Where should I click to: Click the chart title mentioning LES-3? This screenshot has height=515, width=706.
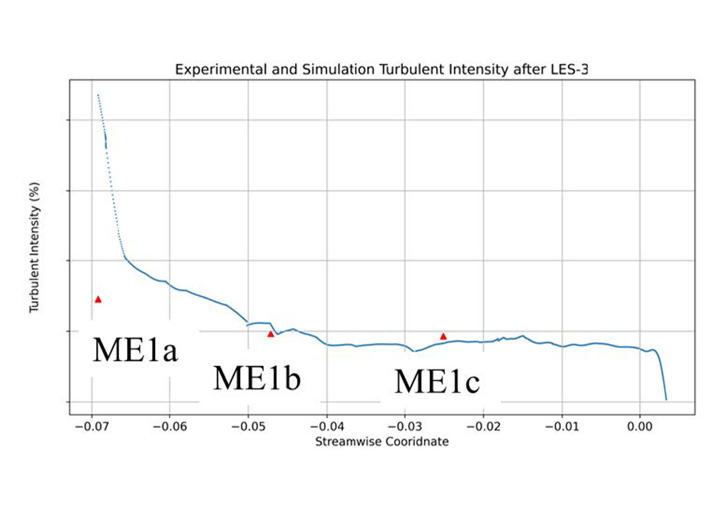coord(381,70)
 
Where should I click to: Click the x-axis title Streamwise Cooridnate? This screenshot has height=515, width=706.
coord(382,442)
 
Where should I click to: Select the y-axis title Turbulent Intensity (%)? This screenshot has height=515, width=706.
coord(35,247)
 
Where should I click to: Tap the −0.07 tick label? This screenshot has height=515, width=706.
coord(91,427)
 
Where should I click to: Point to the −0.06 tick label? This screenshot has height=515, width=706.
coord(170,427)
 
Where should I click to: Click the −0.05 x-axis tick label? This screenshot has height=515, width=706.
coord(248,427)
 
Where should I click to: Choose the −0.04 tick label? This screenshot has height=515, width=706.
coord(327,427)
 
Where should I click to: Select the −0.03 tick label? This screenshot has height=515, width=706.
coord(405,427)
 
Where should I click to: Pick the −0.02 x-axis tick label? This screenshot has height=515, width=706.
coord(483,427)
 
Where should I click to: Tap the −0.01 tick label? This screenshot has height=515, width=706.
coord(562,427)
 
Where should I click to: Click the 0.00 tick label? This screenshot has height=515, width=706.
coord(640,427)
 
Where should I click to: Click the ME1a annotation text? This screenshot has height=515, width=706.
coord(135,350)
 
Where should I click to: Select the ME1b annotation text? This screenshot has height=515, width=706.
coord(257,378)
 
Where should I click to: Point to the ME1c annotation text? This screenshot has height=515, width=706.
coord(437,382)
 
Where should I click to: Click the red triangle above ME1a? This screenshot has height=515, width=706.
coord(98,299)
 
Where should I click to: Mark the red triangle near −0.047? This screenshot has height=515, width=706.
coord(271,334)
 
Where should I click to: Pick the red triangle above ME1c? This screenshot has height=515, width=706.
coord(443,336)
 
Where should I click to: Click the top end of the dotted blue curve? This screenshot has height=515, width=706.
coord(98,94)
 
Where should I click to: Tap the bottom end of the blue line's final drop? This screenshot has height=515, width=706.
coord(666,400)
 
